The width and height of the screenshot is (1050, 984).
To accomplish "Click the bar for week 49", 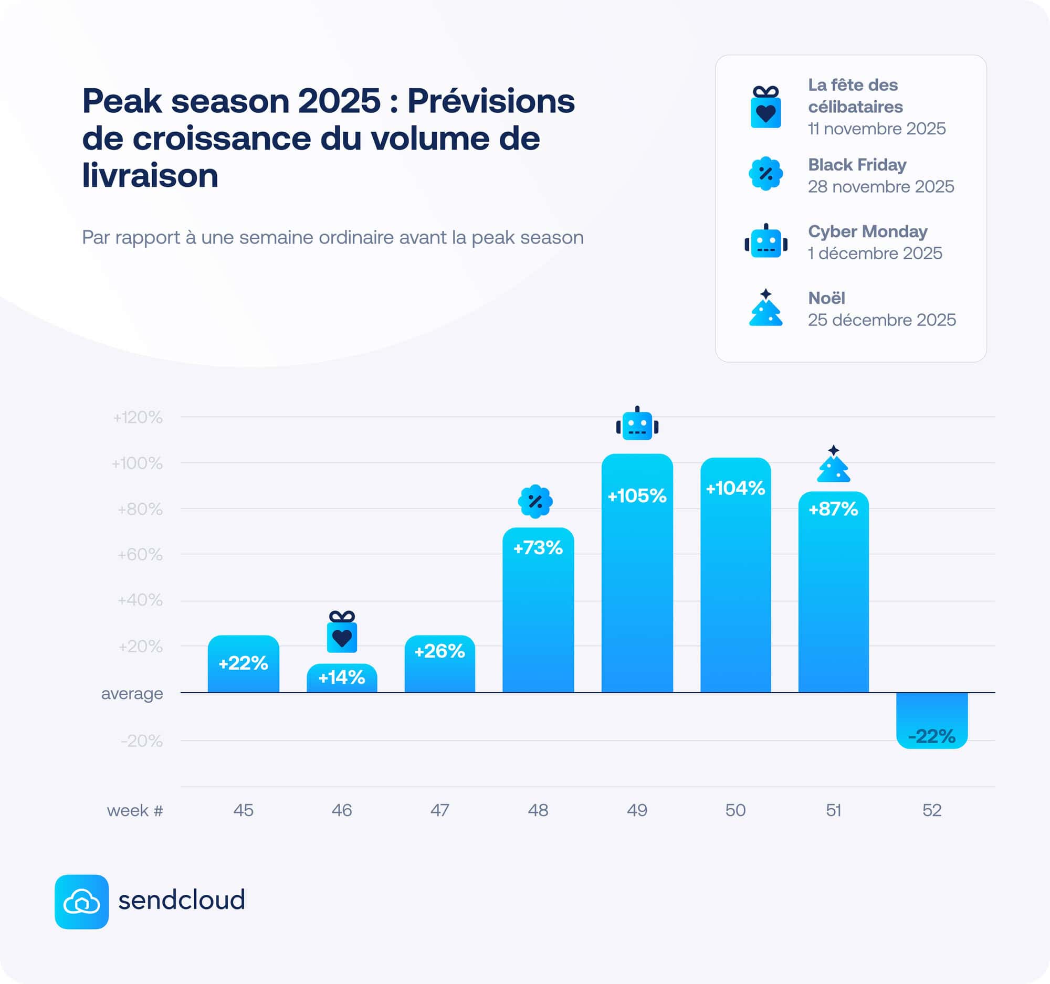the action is [637, 573].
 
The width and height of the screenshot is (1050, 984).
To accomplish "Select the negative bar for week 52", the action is [932, 721].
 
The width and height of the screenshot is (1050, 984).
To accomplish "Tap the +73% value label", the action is [538, 548].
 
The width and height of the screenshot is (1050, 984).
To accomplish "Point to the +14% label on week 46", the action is [341, 678].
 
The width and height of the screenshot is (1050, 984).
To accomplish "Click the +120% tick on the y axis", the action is [138, 418].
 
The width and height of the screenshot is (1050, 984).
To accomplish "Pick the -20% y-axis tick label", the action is [141, 741].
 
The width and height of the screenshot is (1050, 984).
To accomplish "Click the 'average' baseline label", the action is [132, 693].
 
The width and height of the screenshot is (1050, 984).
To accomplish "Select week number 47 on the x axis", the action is [439, 810].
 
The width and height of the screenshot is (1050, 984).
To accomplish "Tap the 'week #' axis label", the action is [135, 810].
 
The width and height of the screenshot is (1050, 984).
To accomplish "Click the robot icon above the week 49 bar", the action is [637, 424].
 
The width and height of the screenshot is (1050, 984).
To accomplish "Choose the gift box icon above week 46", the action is [342, 631].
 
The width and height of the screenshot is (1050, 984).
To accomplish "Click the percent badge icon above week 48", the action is [535, 501].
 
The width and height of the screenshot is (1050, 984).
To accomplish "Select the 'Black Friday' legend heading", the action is [857, 165].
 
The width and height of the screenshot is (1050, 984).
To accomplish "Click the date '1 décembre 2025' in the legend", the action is [875, 253].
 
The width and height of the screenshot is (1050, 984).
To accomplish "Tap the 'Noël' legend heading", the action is [826, 298].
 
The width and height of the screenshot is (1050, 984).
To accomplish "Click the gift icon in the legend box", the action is [765, 107].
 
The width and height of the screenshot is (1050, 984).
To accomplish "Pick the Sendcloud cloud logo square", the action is [81, 902].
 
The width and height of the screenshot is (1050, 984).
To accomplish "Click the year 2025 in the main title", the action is [339, 100].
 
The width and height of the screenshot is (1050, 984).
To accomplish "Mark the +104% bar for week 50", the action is [735, 575].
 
